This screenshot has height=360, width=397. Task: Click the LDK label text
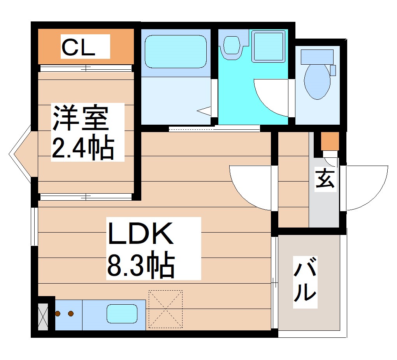pyautogui.click(x=140, y=234)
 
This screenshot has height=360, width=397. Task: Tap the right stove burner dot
pyautogui.click(x=71, y=313)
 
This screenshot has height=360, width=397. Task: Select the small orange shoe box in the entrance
pyautogui.click(x=329, y=141)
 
